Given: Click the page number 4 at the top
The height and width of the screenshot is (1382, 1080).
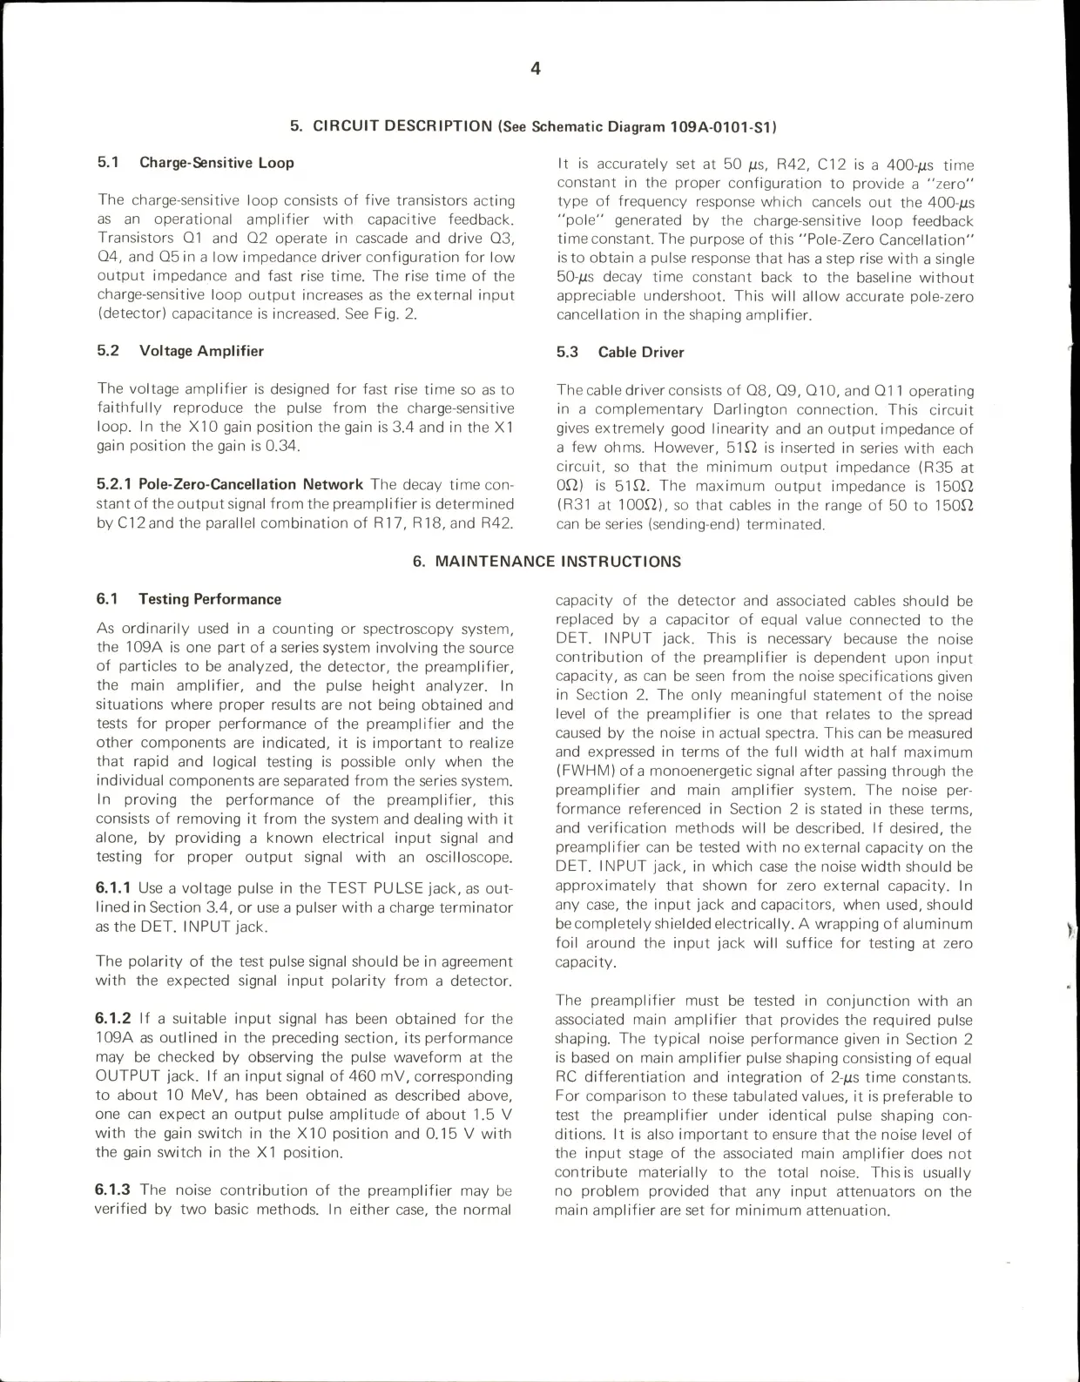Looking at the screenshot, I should (536, 69).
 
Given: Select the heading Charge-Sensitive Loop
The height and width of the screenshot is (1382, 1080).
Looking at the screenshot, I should (216, 163).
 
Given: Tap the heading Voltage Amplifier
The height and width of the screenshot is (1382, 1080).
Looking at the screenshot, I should (201, 351).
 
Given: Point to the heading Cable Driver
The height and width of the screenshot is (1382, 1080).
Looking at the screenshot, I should (640, 353).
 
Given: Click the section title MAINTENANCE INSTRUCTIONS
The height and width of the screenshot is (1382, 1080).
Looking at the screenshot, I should (557, 562).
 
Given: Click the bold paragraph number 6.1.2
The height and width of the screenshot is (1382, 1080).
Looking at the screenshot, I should (113, 1019).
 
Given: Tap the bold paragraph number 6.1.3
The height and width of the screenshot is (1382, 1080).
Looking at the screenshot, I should (113, 1190).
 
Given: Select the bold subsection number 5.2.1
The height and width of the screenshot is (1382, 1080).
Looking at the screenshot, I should (113, 484).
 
